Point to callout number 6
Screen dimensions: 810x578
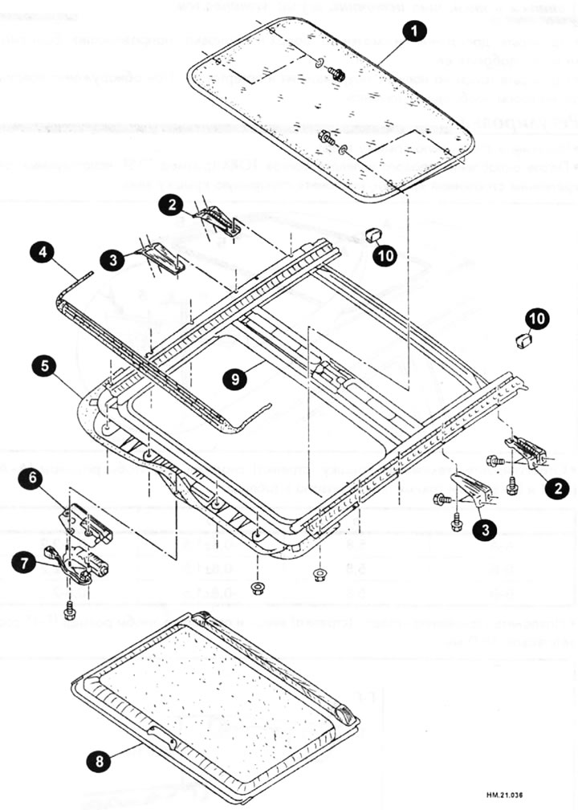tap(43, 477)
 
